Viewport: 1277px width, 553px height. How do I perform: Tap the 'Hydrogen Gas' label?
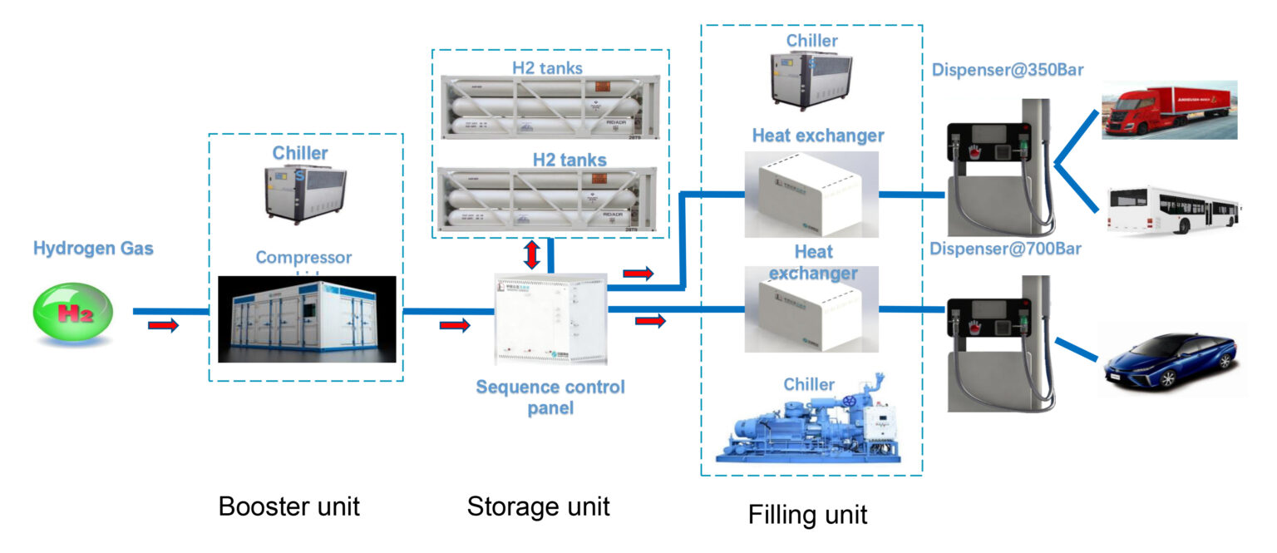coord(93,248)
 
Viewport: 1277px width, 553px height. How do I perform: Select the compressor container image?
coord(307,319)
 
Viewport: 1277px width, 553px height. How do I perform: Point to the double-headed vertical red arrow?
coord(531,254)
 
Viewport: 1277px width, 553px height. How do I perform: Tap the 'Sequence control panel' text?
coord(550,397)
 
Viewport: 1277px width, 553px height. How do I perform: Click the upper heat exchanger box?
coord(811,194)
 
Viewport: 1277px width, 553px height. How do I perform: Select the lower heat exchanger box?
coord(811,314)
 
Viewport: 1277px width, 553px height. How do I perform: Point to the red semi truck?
coord(1169,109)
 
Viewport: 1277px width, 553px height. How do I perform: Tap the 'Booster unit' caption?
coord(288,506)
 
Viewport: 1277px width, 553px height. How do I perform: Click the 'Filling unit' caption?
coord(807,514)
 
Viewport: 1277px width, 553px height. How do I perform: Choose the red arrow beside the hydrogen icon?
coord(163,325)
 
